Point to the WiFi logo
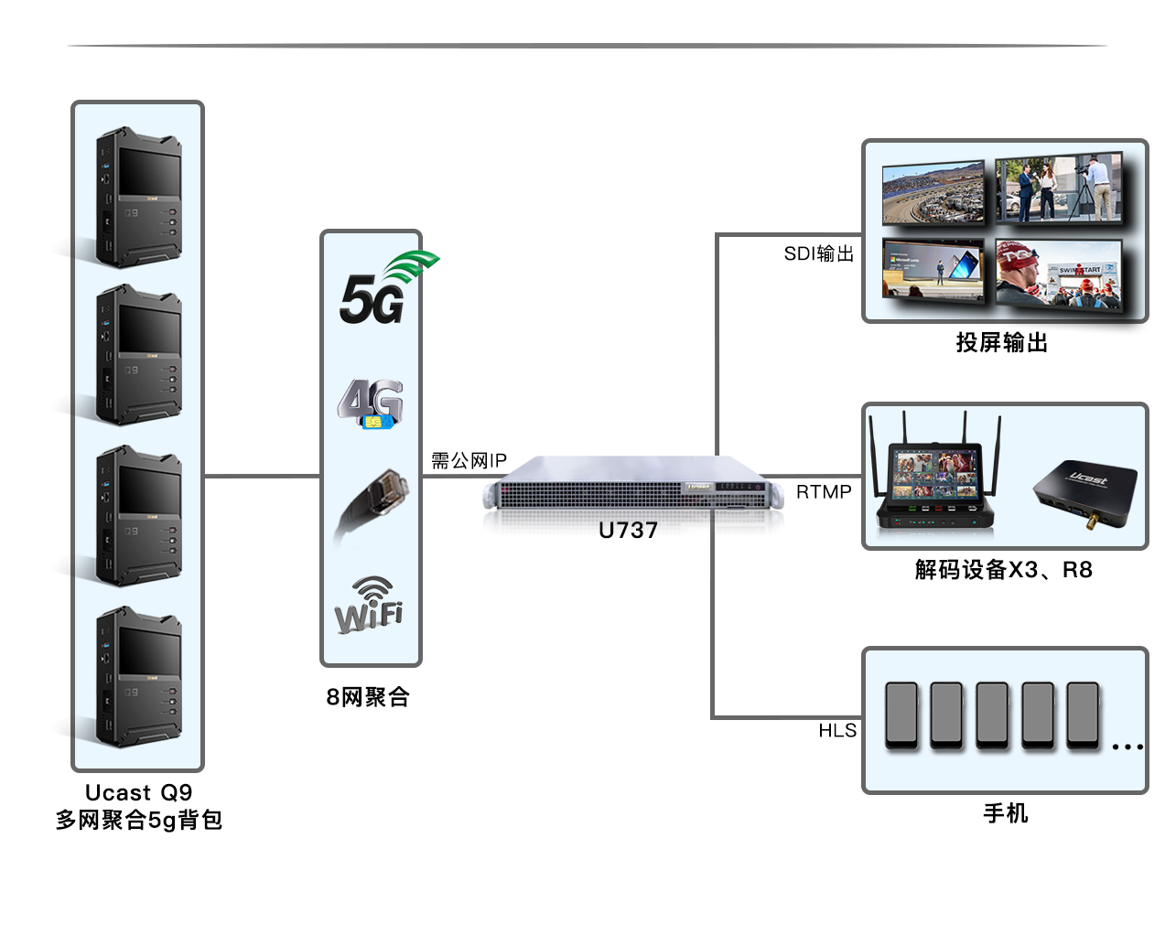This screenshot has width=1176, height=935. click(x=369, y=605)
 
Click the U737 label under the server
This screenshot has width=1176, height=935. click(x=628, y=531)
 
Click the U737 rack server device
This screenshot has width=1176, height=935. click(x=633, y=486)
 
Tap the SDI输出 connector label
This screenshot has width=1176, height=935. click(x=818, y=253)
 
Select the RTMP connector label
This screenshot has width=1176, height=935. click(x=824, y=492)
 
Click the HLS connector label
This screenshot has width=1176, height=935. click(x=837, y=730)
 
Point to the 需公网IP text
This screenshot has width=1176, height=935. click(x=469, y=461)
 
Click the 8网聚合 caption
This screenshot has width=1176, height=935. click(x=368, y=697)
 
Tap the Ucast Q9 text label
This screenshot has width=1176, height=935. click(x=138, y=792)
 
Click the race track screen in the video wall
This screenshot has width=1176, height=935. click(x=933, y=193)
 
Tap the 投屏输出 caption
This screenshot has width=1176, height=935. click(x=1002, y=343)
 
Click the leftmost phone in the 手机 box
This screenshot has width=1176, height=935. click(x=901, y=715)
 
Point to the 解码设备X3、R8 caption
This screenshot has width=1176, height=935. click(x=1003, y=570)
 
